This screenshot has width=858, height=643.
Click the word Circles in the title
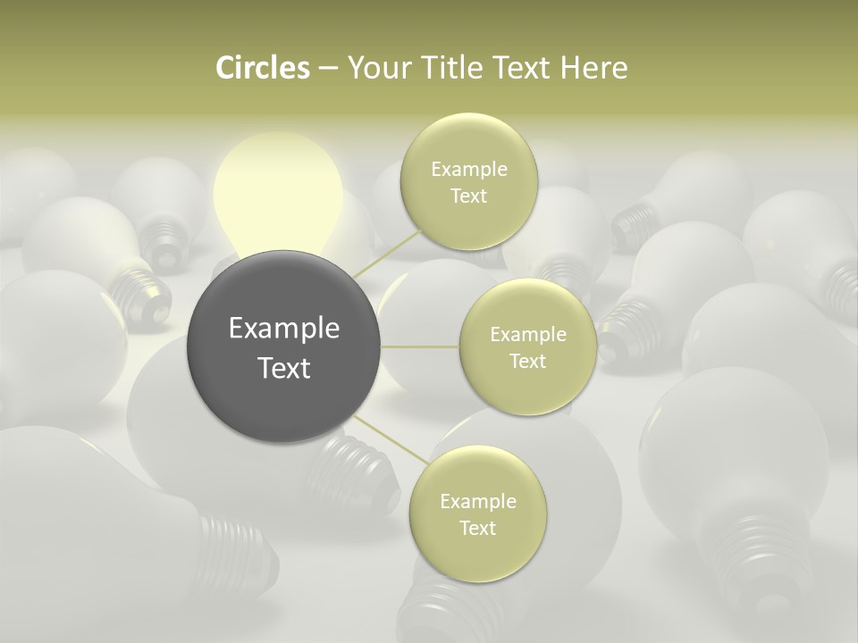[x=262, y=68]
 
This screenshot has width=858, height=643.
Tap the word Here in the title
[x=594, y=68]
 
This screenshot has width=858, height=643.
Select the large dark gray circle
[x=284, y=347]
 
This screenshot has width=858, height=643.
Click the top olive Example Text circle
[x=468, y=181]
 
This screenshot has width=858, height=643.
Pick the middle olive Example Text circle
[x=527, y=347]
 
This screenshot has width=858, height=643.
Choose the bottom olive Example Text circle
[x=477, y=514]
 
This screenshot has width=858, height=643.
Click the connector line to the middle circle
[x=420, y=347]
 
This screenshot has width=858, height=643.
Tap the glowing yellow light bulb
[x=277, y=192]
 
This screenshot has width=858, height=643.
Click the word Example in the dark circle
[x=284, y=329]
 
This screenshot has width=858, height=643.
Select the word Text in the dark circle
[x=284, y=368]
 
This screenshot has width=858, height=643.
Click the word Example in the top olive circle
[x=468, y=169]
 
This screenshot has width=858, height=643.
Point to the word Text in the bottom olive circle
[x=477, y=528]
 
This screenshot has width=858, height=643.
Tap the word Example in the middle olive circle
[x=527, y=335]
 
